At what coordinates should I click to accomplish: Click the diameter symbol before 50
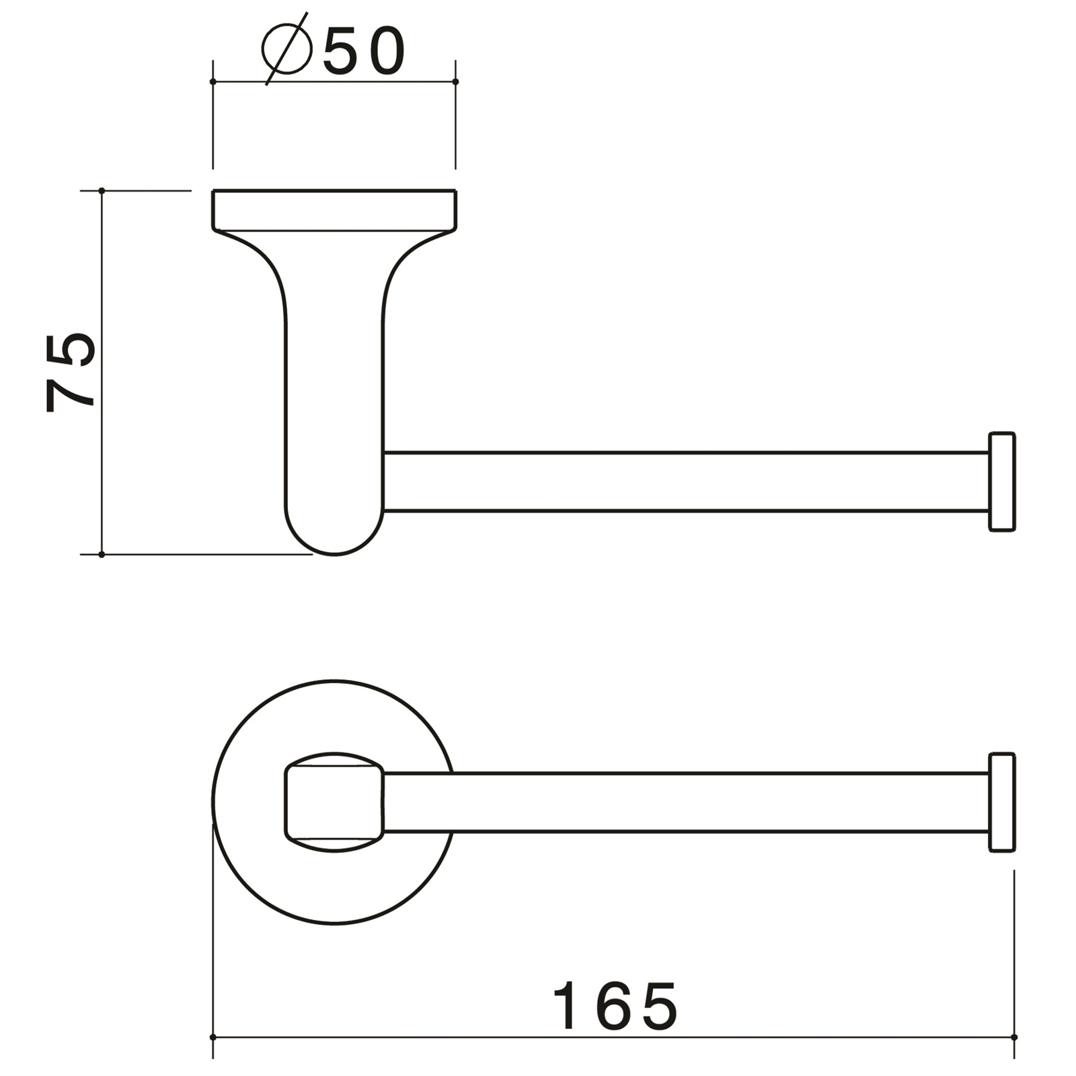pyautogui.click(x=286, y=48)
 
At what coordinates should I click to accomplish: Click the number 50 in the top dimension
pyautogui.click(x=364, y=52)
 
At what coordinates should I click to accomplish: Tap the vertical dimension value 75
pyautogui.click(x=70, y=372)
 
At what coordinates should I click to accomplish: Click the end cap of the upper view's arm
pyautogui.click(x=1001, y=482)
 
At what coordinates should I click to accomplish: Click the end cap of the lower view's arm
pyautogui.click(x=1001, y=802)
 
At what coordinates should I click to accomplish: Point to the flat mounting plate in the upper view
pyautogui.click(x=334, y=210)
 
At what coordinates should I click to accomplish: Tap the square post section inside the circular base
pyautogui.click(x=334, y=802)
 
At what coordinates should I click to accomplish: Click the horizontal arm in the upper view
pyautogui.click(x=686, y=482)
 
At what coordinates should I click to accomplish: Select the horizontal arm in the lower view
pyautogui.click(x=686, y=802)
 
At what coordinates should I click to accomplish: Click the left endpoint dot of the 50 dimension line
pyautogui.click(x=213, y=81)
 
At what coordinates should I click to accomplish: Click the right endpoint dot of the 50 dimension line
pyautogui.click(x=455, y=81)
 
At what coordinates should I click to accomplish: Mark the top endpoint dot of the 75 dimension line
pyautogui.click(x=102, y=191)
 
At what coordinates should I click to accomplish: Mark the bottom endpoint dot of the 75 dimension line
pyautogui.click(x=102, y=555)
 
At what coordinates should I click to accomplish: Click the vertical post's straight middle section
pyautogui.click(x=334, y=390)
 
